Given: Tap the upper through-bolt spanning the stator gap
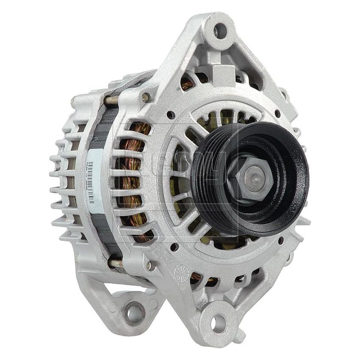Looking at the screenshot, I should pyautogui.click(x=111, y=100).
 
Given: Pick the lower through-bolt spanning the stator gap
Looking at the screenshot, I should pyautogui.click(x=115, y=263).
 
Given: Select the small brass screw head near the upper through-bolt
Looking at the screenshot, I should pyautogui.click(x=146, y=97).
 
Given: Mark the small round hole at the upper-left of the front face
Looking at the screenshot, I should pyautogui.click(x=170, y=114).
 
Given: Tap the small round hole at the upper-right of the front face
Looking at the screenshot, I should pyautogui.click(x=277, y=114).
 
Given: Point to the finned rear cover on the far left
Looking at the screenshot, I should pyautogui.click(x=64, y=178).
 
